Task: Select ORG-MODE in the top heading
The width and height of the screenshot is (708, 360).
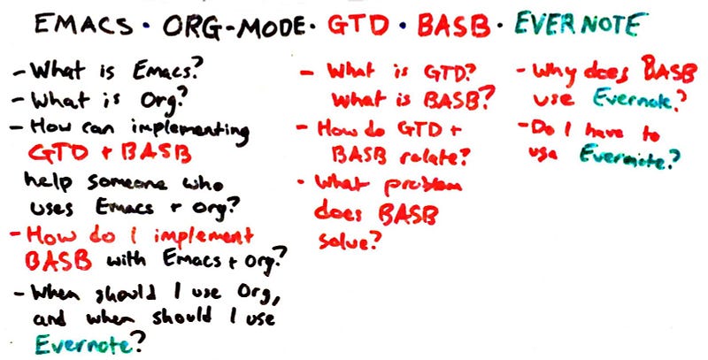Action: [234, 27]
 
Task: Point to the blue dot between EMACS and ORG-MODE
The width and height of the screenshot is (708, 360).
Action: [146, 27]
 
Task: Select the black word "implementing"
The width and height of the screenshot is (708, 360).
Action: [189, 131]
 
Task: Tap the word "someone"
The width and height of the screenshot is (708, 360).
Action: [127, 183]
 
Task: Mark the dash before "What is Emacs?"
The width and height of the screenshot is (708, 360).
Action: [19, 73]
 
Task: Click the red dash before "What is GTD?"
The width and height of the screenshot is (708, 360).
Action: [308, 73]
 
